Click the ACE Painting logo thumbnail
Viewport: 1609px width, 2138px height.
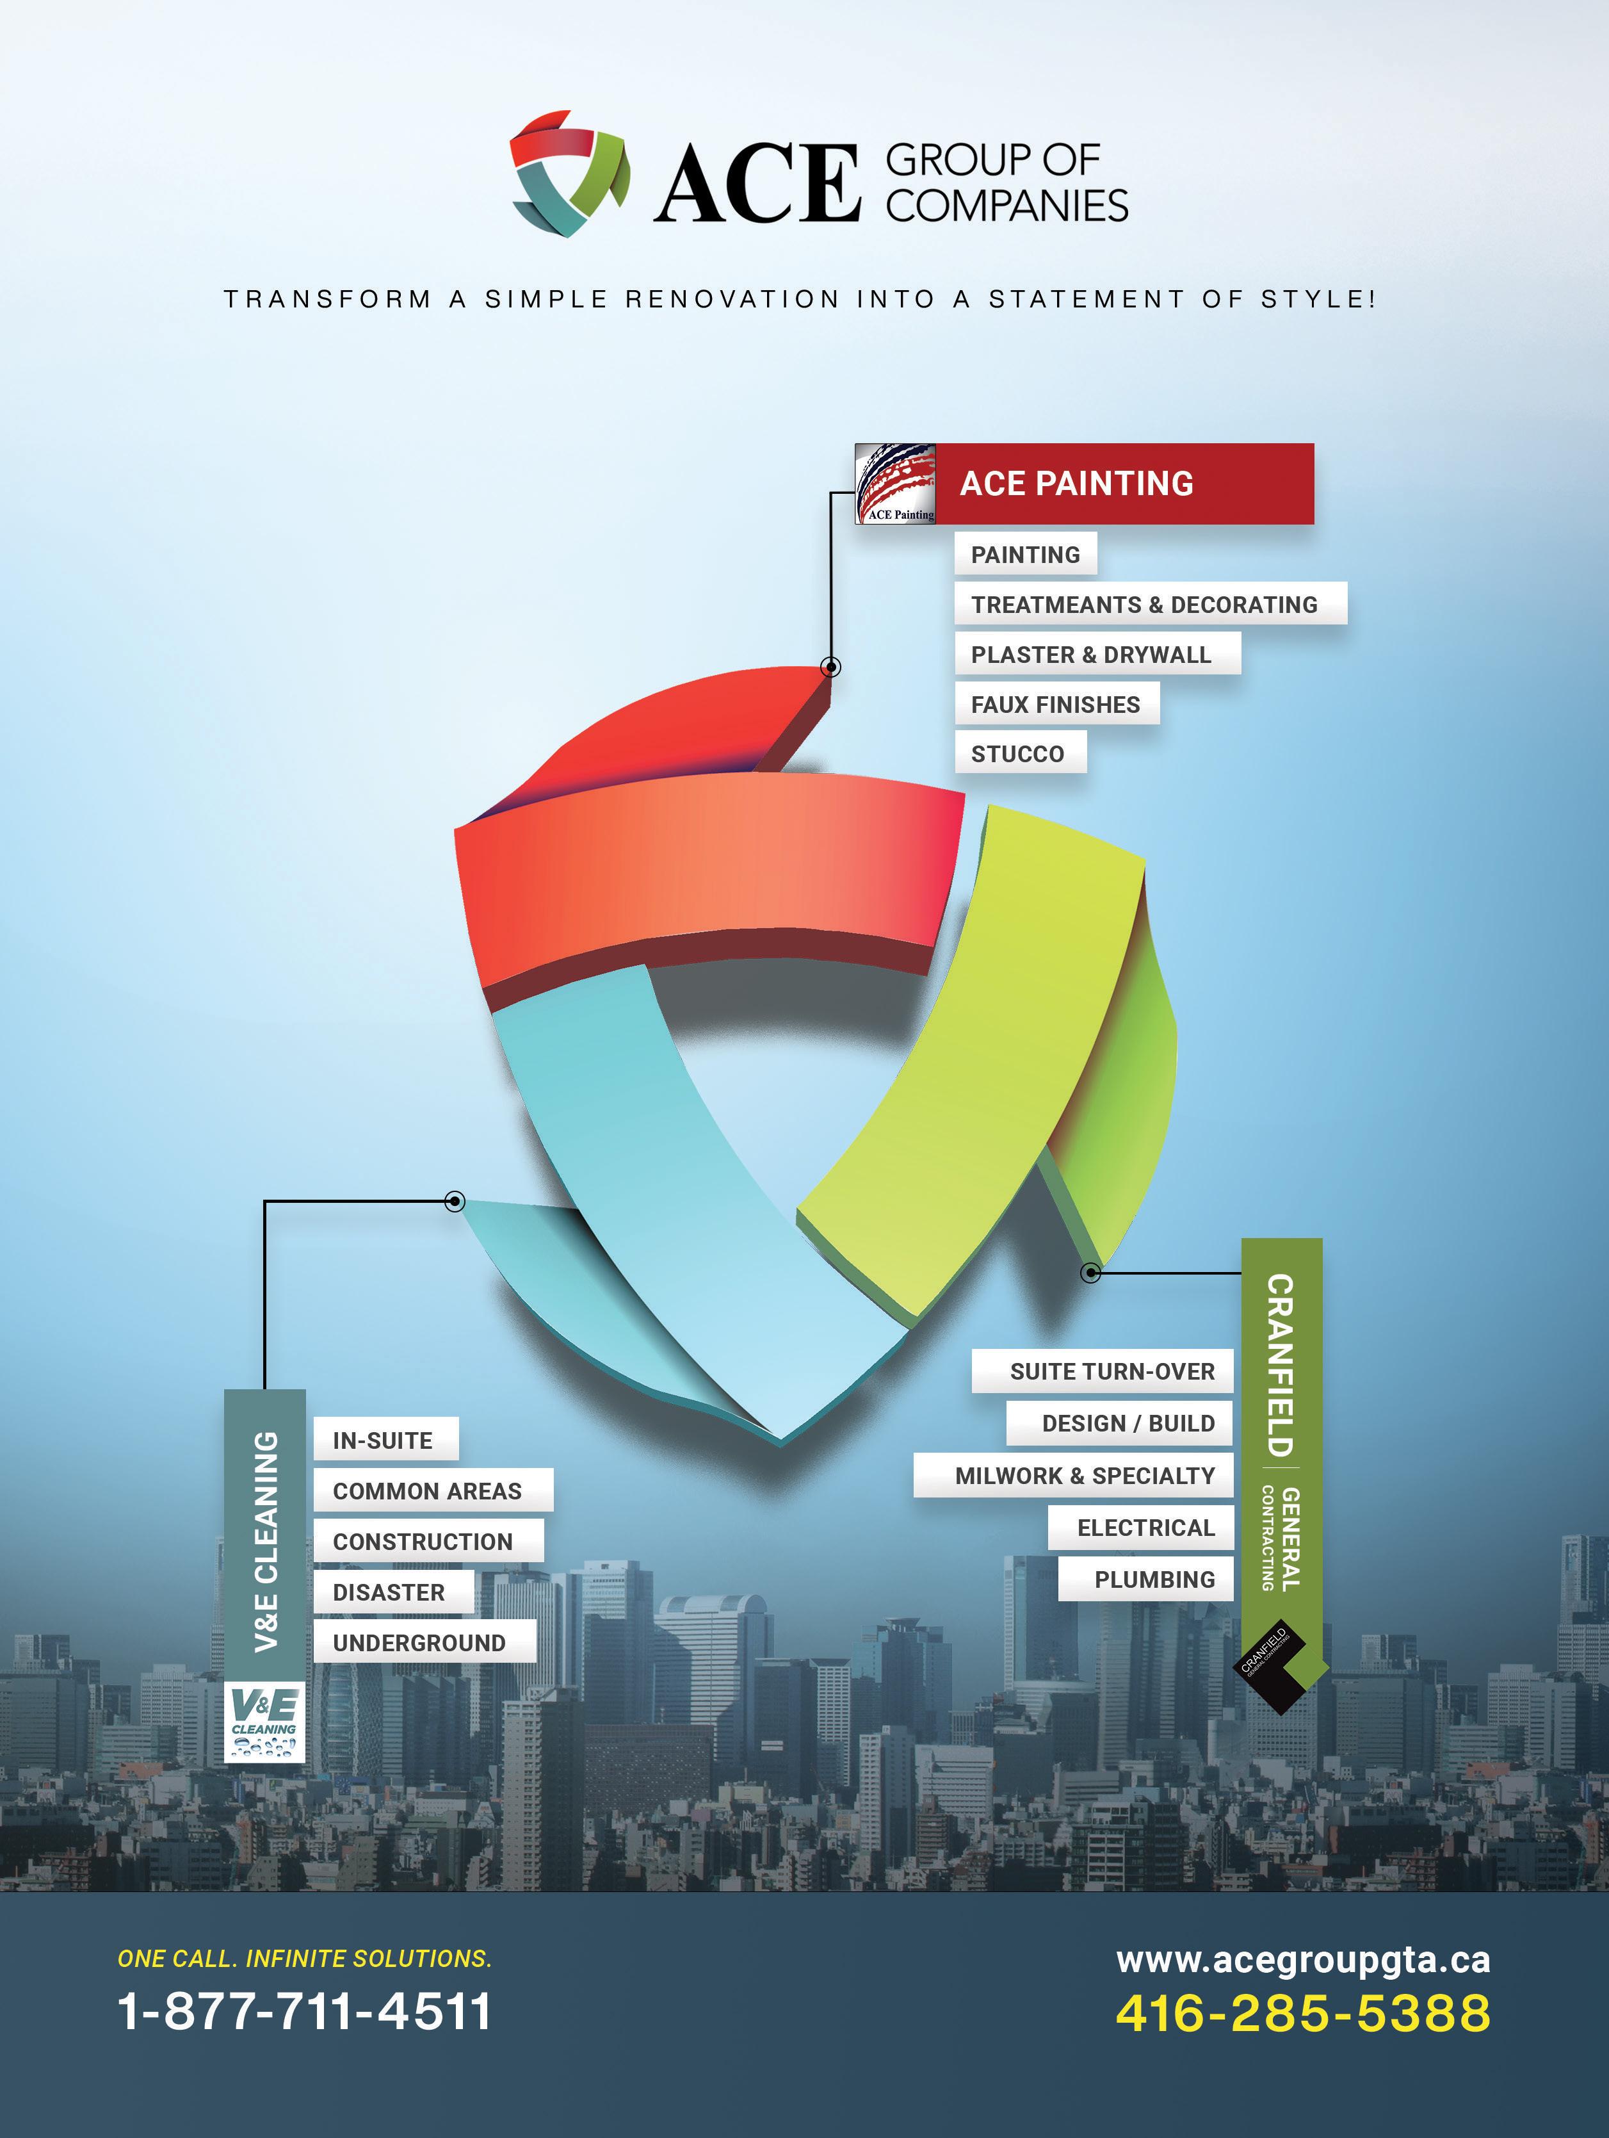(896, 484)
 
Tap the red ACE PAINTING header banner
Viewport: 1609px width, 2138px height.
(1124, 484)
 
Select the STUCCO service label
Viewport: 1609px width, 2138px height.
(1019, 754)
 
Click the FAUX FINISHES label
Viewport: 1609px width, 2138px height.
(1056, 705)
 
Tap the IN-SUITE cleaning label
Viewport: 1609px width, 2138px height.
(385, 1440)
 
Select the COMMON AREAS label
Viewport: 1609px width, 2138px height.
(431, 1491)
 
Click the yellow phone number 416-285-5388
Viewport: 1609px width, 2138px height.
(1303, 2013)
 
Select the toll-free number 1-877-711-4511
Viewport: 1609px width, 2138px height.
(304, 2011)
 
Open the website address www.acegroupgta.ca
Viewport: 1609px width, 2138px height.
(1303, 1959)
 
